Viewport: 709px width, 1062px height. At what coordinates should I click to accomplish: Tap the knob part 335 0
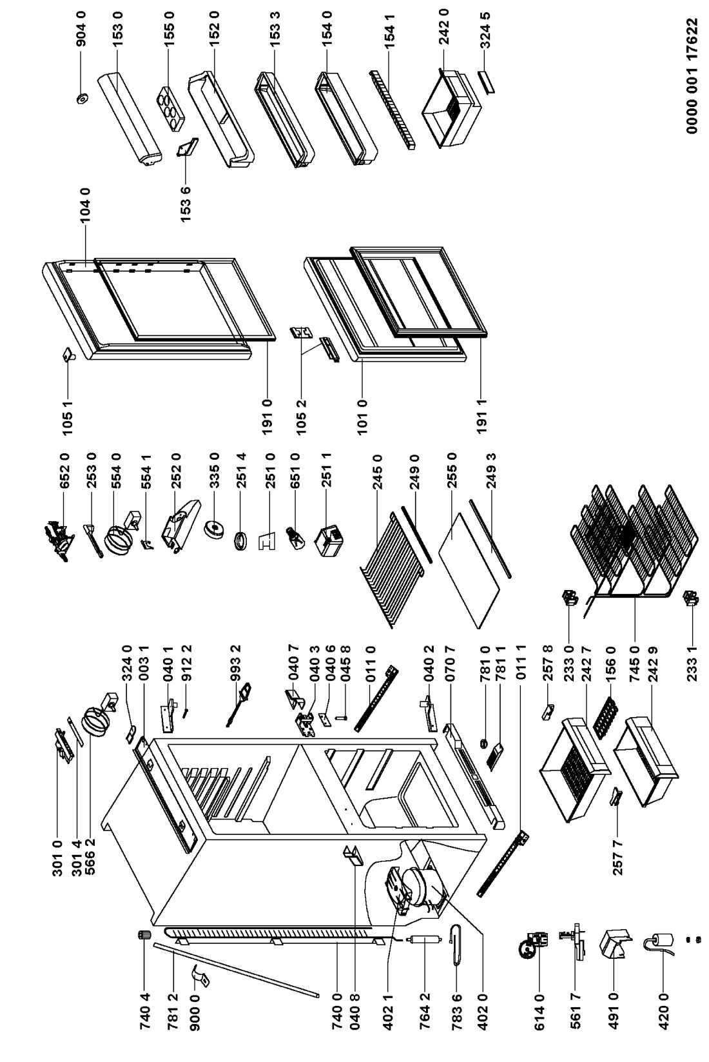click(x=214, y=529)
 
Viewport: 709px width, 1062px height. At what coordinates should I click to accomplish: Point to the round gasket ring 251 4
click(x=241, y=540)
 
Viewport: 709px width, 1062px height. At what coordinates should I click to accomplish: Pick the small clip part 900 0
click(x=202, y=975)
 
